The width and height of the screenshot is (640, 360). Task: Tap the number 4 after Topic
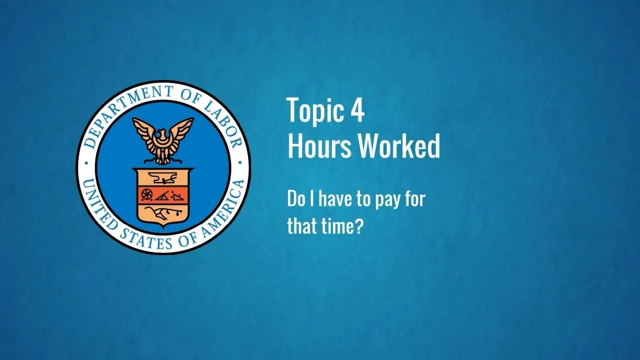pyautogui.click(x=357, y=110)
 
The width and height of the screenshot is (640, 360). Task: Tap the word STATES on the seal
pyautogui.click(x=145, y=239)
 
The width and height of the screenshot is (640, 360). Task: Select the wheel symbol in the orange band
pyautogui.click(x=147, y=194)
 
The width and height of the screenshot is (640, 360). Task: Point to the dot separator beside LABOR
pyautogui.click(x=239, y=163)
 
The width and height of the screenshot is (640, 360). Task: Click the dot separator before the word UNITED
pyautogui.click(x=86, y=164)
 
